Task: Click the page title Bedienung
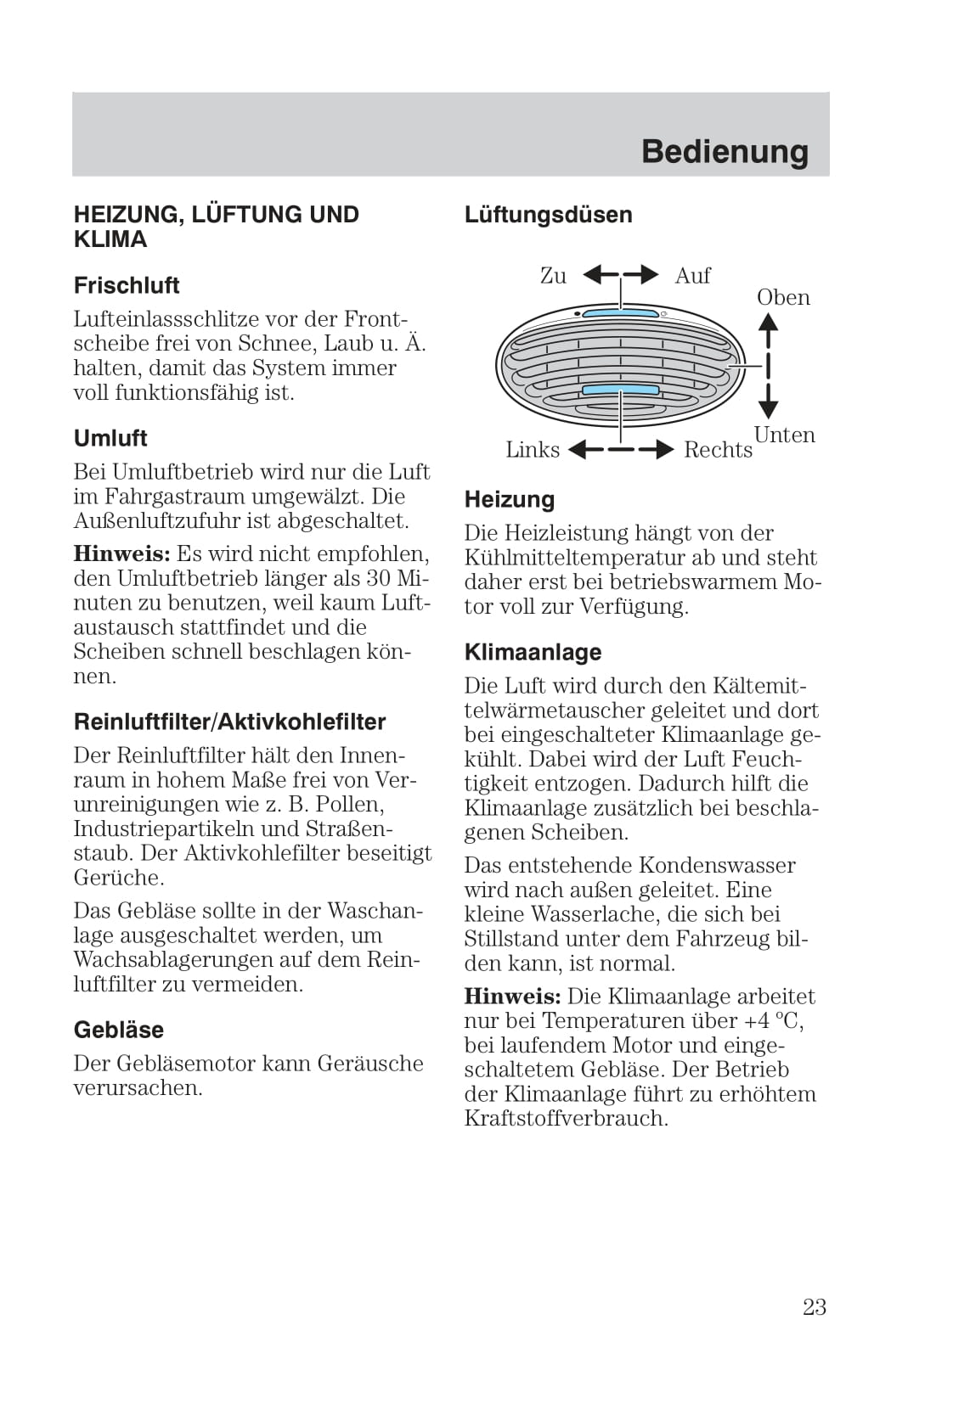(725, 152)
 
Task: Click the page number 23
(814, 1307)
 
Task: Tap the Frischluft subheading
(127, 285)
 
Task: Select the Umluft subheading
(110, 438)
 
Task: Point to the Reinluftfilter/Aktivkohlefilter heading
(229, 722)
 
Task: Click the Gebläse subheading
(119, 1030)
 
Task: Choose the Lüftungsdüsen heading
(548, 215)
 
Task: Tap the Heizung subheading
(509, 500)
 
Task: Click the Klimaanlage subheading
(533, 653)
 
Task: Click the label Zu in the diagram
(553, 276)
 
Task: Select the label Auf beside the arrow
(692, 276)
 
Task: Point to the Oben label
(783, 298)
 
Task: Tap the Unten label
(784, 435)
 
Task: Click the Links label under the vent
(533, 450)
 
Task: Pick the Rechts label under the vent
(718, 450)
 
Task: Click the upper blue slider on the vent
(621, 313)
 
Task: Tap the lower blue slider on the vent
(621, 390)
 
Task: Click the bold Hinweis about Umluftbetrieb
(121, 554)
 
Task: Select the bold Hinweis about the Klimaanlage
(512, 997)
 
